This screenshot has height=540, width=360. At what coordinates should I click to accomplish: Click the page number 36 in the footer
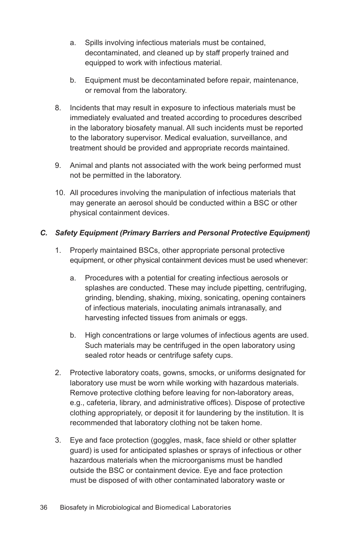[44, 507]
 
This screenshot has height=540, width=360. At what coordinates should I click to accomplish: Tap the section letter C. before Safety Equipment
[44, 233]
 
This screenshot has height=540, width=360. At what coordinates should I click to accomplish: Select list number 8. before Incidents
[58, 108]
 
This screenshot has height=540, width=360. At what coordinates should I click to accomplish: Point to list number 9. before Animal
[58, 166]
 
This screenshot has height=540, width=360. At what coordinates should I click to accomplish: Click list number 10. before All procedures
[60, 193]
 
